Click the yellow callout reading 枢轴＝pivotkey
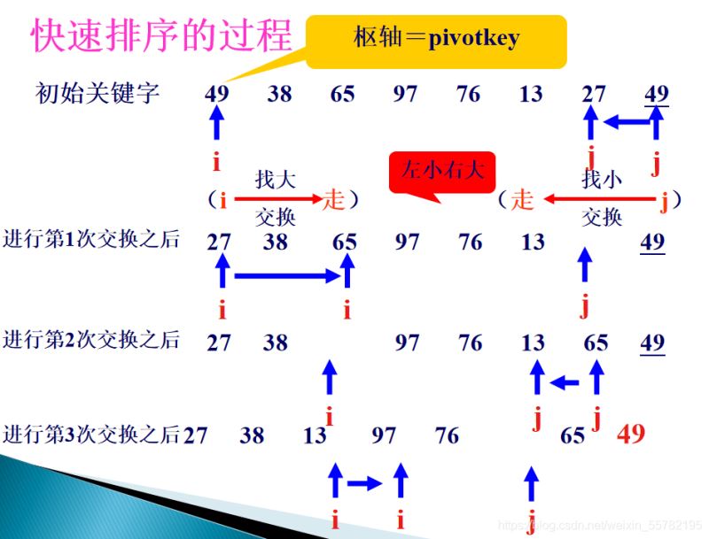(x=436, y=39)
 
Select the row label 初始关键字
(x=97, y=92)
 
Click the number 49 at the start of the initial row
(x=216, y=93)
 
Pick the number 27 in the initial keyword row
(x=594, y=93)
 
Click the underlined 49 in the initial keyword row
(x=657, y=93)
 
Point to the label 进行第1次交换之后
(x=91, y=239)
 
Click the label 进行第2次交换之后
(x=91, y=339)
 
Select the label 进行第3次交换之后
(x=91, y=434)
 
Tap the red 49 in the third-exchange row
(x=631, y=434)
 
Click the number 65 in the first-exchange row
(x=345, y=242)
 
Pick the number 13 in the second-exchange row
(x=533, y=343)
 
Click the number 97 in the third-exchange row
(x=384, y=435)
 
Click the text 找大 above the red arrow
(x=275, y=181)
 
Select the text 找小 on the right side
(x=602, y=181)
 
